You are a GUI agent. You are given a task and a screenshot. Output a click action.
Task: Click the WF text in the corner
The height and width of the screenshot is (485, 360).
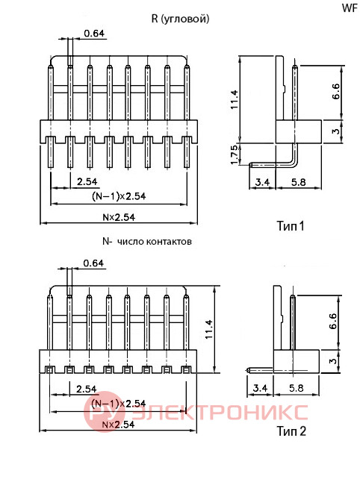tap(350, 7)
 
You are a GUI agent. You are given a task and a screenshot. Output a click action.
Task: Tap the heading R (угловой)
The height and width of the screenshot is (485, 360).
tap(180, 19)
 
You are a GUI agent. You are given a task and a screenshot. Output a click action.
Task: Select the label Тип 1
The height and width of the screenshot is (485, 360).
tap(291, 226)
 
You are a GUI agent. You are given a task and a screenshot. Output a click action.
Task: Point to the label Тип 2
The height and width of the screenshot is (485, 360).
tap(291, 431)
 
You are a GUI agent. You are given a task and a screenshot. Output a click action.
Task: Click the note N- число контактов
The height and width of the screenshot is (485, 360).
tap(147, 241)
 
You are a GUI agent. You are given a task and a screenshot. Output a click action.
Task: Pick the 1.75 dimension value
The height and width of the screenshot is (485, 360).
tap(235, 154)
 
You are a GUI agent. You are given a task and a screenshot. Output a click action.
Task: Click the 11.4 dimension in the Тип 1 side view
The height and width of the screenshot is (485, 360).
tap(235, 99)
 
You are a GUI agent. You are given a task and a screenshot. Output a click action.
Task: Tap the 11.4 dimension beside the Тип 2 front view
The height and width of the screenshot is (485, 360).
tap(209, 329)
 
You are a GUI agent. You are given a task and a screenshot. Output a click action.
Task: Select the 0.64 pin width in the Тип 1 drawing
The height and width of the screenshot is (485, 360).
tap(94, 33)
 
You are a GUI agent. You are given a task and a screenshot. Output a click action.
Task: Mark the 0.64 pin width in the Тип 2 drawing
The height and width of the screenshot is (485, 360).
tap(93, 263)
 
